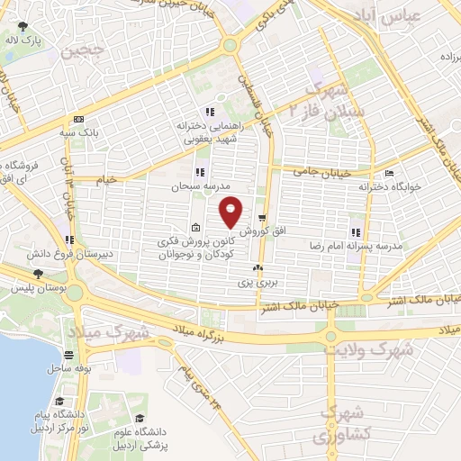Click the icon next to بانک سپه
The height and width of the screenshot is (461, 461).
pos(78,120)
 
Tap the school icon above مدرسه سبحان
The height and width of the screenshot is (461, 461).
pos(200,171)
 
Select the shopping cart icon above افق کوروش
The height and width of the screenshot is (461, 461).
pos(261,218)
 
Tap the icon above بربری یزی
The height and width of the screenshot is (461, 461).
pos(258,268)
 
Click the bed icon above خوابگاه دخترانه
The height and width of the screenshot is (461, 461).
pos(389,173)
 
